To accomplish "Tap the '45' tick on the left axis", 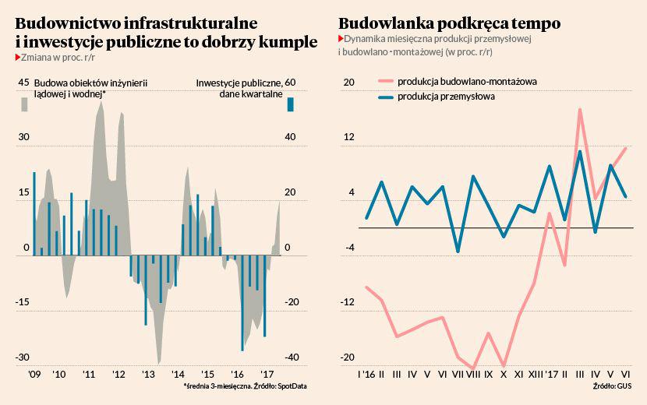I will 23,83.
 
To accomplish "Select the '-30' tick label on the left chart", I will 23,357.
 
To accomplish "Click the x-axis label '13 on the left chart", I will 147,374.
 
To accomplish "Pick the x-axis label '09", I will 34,374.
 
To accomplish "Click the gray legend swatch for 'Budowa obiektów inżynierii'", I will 24,104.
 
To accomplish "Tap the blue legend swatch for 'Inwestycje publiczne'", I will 290,104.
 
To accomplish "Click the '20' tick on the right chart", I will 348,83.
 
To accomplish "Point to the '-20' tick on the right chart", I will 347,357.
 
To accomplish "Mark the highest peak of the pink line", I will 581,110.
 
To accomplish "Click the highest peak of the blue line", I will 581,151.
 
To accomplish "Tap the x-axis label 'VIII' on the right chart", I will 473,374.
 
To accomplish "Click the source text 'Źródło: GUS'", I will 612,386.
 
